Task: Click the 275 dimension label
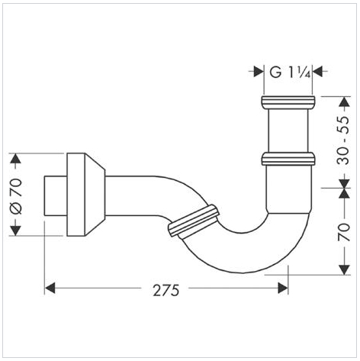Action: [166, 290]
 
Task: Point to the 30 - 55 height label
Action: [343, 140]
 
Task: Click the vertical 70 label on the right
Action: [344, 232]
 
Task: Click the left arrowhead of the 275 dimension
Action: [50, 288]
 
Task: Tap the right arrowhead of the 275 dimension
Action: [283, 288]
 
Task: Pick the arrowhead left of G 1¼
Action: [259, 72]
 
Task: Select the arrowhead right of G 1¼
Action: [317, 72]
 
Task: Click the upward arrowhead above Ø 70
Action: [16, 159]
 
